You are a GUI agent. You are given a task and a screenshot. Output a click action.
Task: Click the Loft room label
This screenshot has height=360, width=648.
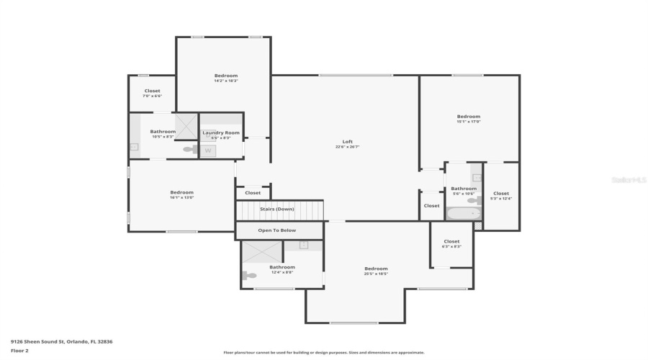[x=347, y=141]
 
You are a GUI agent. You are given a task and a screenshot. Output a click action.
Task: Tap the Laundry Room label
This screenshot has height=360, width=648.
[x=221, y=132]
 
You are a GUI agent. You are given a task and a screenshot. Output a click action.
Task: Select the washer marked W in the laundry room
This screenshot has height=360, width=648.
[x=209, y=150]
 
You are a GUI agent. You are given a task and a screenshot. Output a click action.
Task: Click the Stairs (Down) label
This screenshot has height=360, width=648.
[x=277, y=209]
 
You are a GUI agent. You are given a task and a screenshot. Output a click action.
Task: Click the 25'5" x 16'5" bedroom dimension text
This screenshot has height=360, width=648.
[x=376, y=274]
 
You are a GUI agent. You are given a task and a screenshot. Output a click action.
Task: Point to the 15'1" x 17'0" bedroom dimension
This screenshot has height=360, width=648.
[x=468, y=122]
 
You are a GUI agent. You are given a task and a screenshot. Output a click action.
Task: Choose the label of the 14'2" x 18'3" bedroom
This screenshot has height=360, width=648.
[x=225, y=76]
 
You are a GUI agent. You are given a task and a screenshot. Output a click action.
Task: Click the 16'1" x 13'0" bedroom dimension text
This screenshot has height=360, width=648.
[x=181, y=197]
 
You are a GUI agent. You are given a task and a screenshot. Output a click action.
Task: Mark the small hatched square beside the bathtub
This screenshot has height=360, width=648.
[x=477, y=225]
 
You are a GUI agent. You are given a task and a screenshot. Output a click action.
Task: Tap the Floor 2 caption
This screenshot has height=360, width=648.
[x=19, y=351]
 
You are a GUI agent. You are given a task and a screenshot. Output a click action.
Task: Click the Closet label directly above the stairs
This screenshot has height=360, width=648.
[x=253, y=193]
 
